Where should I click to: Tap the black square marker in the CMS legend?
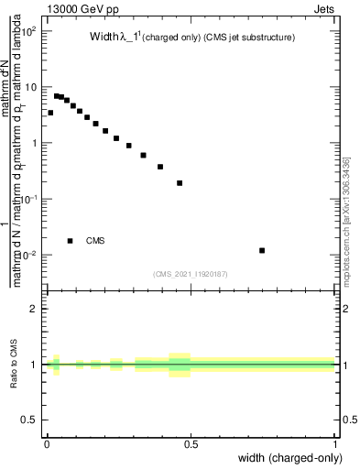pos(71,241)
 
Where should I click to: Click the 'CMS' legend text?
pos(95,241)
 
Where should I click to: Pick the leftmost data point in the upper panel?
pos(50,113)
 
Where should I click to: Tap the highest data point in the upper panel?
pos(56,95)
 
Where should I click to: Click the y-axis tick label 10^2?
pos(30,31)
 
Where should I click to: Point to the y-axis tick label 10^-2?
pos(30,255)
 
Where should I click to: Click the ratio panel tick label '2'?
pos(34,309)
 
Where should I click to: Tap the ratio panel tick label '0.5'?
pos(30,420)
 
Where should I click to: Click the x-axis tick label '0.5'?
pos(191,444)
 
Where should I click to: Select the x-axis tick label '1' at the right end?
pos(335,444)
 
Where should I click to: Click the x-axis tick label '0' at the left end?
pos(46,444)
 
